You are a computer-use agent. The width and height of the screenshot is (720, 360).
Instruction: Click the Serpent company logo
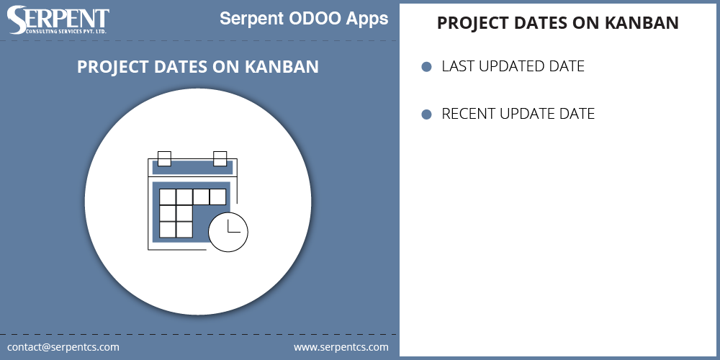click(x=58, y=21)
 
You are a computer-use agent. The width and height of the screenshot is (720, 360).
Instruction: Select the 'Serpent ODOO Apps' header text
click(x=304, y=19)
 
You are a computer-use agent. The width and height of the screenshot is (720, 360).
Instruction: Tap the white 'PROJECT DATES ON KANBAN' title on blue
click(x=198, y=67)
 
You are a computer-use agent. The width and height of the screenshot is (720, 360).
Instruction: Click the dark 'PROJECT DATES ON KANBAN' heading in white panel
click(x=558, y=23)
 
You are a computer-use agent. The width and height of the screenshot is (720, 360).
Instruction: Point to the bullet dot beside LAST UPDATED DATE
click(x=426, y=67)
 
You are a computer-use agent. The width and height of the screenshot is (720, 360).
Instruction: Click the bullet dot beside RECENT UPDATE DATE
click(x=426, y=114)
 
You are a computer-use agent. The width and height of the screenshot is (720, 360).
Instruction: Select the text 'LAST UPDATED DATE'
click(x=513, y=67)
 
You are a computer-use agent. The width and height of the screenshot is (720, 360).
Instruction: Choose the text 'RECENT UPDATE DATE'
click(x=518, y=114)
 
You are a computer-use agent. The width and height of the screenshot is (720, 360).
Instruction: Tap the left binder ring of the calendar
click(x=164, y=158)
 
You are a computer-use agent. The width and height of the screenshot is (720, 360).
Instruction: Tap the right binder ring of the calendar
click(x=220, y=158)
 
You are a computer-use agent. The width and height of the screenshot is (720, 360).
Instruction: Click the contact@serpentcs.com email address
click(x=63, y=347)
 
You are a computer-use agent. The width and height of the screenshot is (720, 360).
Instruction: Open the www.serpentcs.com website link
click(x=341, y=347)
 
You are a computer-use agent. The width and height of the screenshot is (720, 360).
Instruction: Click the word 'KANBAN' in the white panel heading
click(x=642, y=23)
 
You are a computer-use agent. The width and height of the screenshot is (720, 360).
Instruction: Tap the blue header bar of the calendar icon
click(x=192, y=168)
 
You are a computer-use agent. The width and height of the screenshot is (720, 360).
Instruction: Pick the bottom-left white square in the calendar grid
click(x=167, y=230)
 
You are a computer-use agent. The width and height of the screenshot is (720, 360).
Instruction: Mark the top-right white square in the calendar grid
click(x=218, y=197)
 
